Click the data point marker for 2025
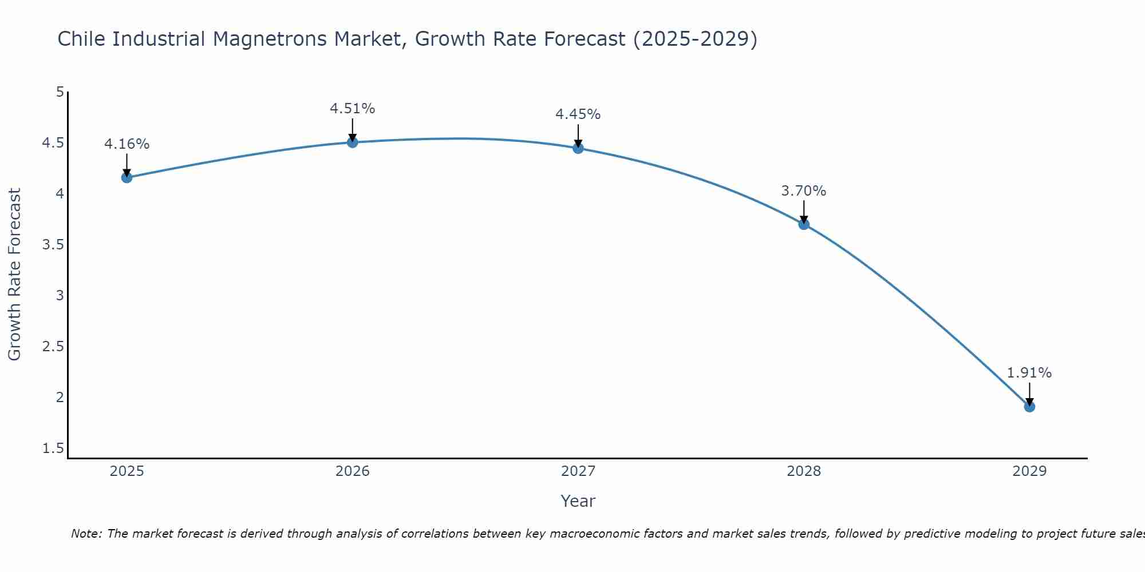[127, 177]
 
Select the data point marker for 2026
[353, 142]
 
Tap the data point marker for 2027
[578, 148]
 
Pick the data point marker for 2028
[804, 224]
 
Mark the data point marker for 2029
[1029, 407]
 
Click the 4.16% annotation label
[127, 144]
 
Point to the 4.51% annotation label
[353, 109]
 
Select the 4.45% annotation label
[578, 114]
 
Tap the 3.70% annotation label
[804, 191]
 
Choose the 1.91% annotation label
[1029, 373]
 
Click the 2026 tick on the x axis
[353, 471]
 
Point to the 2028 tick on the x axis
[804, 471]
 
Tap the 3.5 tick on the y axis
[53, 245]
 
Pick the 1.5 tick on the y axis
[53, 448]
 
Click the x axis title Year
[578, 501]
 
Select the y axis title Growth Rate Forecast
[14, 275]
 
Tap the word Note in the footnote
[86, 534]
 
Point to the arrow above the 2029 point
[1029, 394]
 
